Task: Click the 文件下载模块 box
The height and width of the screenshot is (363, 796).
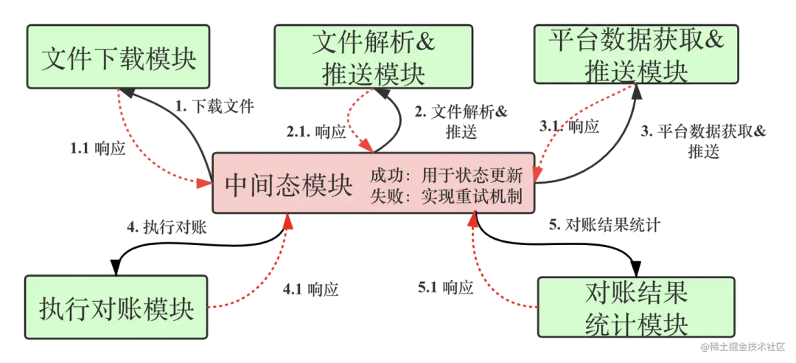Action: (118, 58)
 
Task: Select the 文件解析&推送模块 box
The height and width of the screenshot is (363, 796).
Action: (373, 57)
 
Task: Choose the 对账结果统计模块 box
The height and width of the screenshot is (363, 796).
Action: (636, 308)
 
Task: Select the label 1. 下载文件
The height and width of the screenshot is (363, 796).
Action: (214, 107)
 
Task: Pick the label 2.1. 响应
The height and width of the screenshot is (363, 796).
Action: (315, 132)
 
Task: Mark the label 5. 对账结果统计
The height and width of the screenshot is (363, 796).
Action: (604, 226)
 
